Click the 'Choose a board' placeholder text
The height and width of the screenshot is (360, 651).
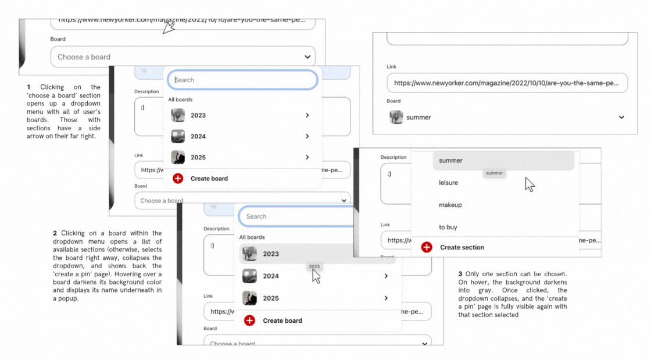pos(84,57)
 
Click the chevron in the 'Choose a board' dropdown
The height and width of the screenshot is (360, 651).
pos(307,57)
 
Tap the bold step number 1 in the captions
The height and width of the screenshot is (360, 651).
pos(28,87)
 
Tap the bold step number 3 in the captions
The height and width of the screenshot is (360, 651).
pos(460,273)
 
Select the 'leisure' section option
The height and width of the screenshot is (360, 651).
pos(448,183)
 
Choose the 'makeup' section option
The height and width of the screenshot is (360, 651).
pos(450,205)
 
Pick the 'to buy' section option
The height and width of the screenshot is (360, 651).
pos(448,227)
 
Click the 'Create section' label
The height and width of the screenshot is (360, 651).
pos(462,247)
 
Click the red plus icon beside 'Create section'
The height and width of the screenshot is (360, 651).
pos(427,247)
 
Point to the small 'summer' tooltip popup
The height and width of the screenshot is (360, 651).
pos(494,173)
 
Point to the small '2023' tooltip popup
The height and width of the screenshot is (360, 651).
pos(314,266)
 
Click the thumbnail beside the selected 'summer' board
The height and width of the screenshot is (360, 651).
pos(396,117)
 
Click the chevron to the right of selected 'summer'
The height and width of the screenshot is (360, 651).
pos(621,117)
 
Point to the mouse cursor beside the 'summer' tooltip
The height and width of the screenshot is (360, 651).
pos(529,184)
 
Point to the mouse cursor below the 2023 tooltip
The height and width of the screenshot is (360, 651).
pos(316,276)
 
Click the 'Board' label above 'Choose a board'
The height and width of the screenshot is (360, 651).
pos(58,39)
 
